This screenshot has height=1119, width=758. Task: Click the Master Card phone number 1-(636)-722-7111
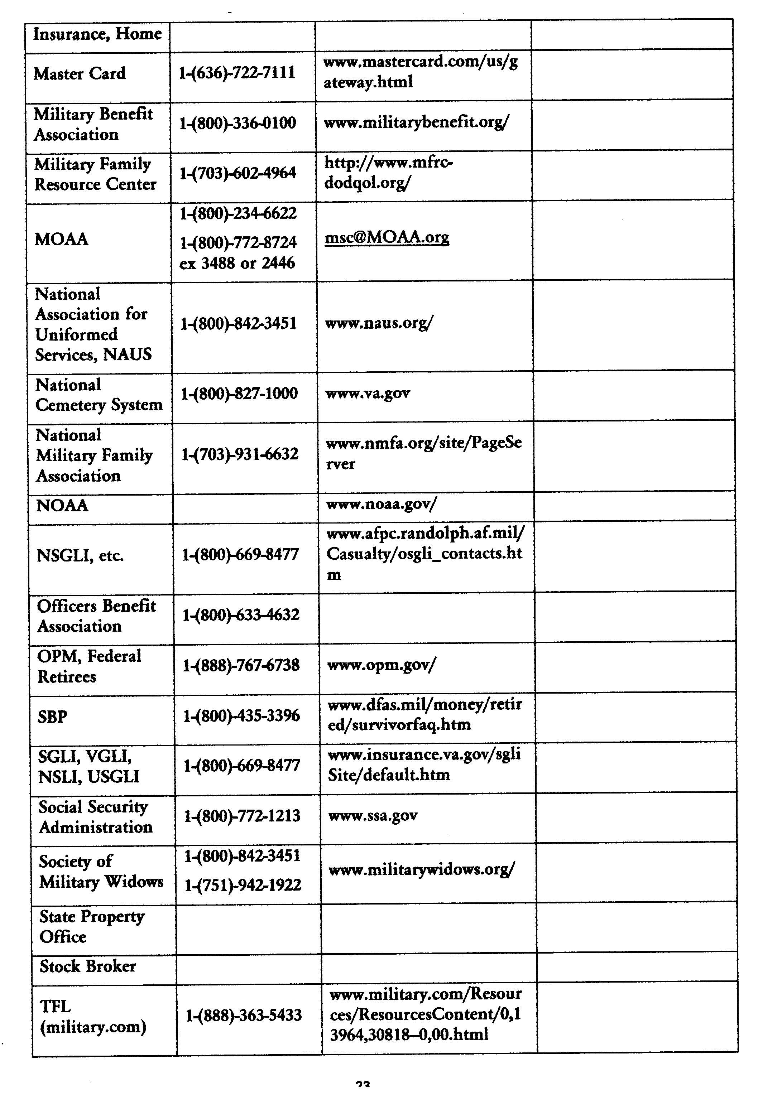236,73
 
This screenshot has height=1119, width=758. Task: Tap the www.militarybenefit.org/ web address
416,123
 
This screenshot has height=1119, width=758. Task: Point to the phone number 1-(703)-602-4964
238,173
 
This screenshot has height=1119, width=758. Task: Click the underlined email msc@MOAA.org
387,237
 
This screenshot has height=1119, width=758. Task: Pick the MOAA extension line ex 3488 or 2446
237,263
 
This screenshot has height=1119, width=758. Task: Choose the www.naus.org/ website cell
379,323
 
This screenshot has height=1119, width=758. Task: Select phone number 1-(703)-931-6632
239,454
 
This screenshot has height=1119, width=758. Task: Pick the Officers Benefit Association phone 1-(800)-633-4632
241,614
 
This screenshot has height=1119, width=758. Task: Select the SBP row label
52,717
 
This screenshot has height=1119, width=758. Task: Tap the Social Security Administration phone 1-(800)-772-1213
242,816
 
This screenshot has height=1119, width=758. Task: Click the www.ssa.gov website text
373,816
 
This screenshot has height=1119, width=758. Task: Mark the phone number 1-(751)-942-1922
243,884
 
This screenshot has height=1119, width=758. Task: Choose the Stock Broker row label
88,966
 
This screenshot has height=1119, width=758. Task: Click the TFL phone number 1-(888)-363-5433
244,1015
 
